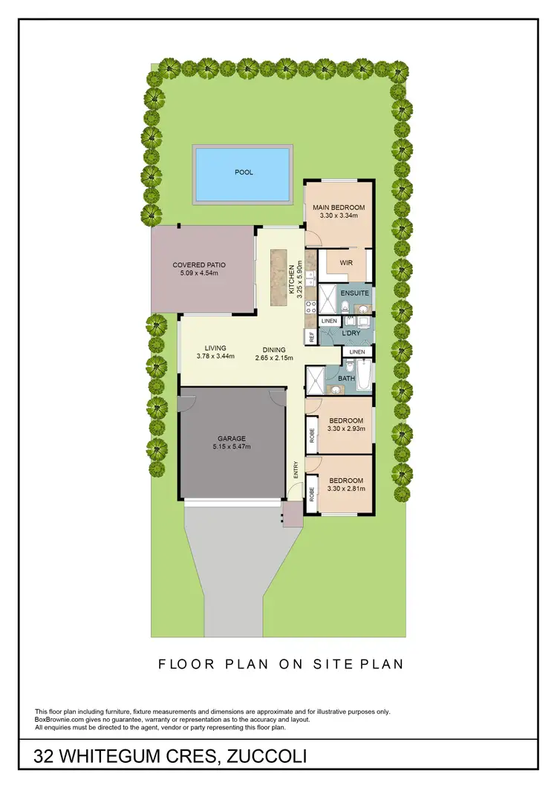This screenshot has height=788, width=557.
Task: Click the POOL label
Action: point(244,172)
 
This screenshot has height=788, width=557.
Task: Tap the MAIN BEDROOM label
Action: point(338,207)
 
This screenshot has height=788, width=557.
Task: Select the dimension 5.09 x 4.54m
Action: point(198,273)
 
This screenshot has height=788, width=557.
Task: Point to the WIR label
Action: point(345,263)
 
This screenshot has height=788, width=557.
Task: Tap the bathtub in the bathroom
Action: point(364,369)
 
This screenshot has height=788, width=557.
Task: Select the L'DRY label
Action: point(351,333)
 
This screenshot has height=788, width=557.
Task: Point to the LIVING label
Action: point(215,348)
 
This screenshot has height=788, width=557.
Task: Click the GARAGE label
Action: point(232,438)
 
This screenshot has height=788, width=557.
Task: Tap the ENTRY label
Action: point(296,469)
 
